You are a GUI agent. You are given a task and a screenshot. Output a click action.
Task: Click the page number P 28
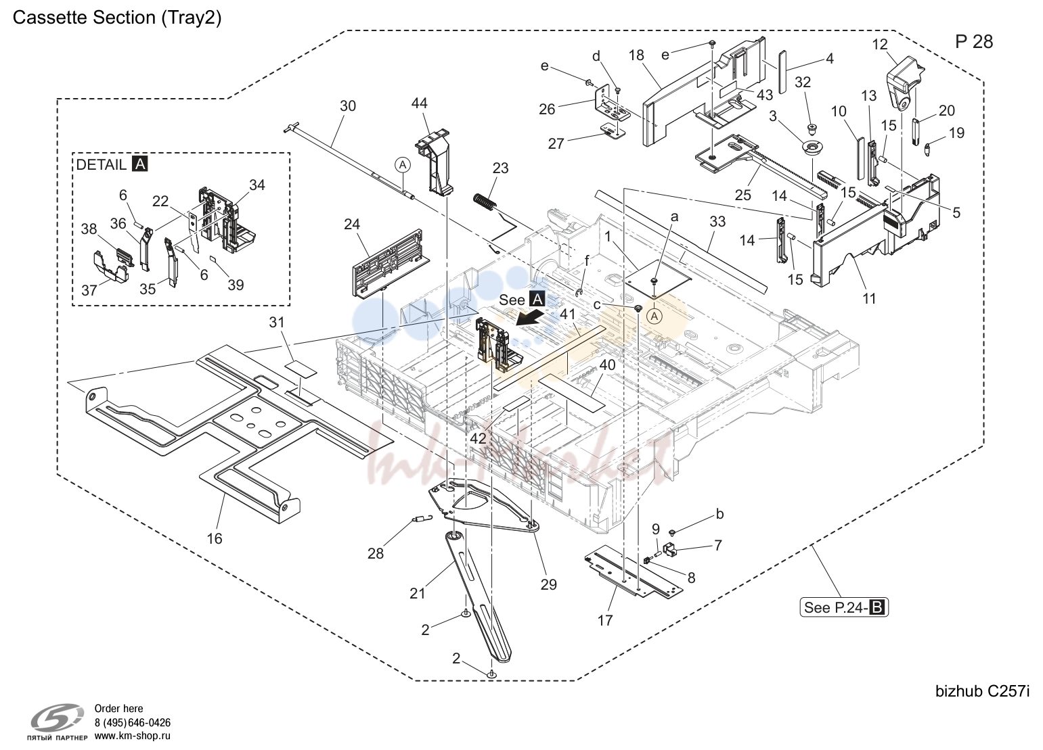pyautogui.click(x=974, y=42)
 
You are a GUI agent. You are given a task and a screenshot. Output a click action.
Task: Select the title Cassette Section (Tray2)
pyautogui.click(x=117, y=18)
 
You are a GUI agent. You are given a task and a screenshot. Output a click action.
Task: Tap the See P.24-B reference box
pyautogui.click(x=844, y=607)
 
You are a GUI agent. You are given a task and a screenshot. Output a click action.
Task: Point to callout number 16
pyautogui.click(x=214, y=538)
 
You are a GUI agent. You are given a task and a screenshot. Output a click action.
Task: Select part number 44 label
pyautogui.click(x=419, y=103)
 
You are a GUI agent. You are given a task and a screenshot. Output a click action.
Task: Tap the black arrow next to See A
pyautogui.click(x=529, y=320)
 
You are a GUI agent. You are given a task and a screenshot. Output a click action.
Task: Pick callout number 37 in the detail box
pyautogui.click(x=89, y=291)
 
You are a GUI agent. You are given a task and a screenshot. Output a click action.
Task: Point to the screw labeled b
pyautogui.click(x=672, y=532)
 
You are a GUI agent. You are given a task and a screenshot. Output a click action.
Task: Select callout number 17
pyautogui.click(x=605, y=620)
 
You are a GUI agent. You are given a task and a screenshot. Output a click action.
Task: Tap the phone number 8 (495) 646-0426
pyautogui.click(x=132, y=722)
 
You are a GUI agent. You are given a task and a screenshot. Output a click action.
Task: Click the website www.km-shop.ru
pyautogui.click(x=132, y=736)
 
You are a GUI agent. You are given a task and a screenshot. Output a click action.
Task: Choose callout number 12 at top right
pyautogui.click(x=880, y=45)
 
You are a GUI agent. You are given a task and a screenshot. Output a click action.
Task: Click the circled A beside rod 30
pyautogui.click(x=403, y=164)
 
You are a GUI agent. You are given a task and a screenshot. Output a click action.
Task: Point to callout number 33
pyautogui.click(x=717, y=221)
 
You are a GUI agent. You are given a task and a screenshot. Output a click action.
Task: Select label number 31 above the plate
pyautogui.click(x=277, y=322)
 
